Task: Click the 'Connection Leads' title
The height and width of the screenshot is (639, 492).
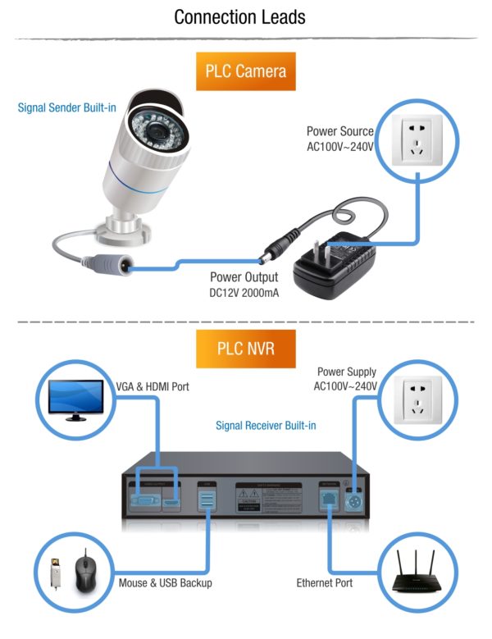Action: click(x=246, y=17)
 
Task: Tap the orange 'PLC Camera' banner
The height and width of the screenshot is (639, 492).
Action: click(x=246, y=71)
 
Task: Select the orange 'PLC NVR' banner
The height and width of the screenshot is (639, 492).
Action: click(x=246, y=349)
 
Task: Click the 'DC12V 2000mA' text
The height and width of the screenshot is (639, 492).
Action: click(x=244, y=292)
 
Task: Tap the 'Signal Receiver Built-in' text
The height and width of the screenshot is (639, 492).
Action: click(x=266, y=426)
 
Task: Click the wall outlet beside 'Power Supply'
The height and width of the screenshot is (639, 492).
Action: click(x=420, y=397)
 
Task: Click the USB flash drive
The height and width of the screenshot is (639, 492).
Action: click(x=57, y=574)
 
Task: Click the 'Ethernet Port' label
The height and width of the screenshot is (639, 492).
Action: click(x=324, y=583)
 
